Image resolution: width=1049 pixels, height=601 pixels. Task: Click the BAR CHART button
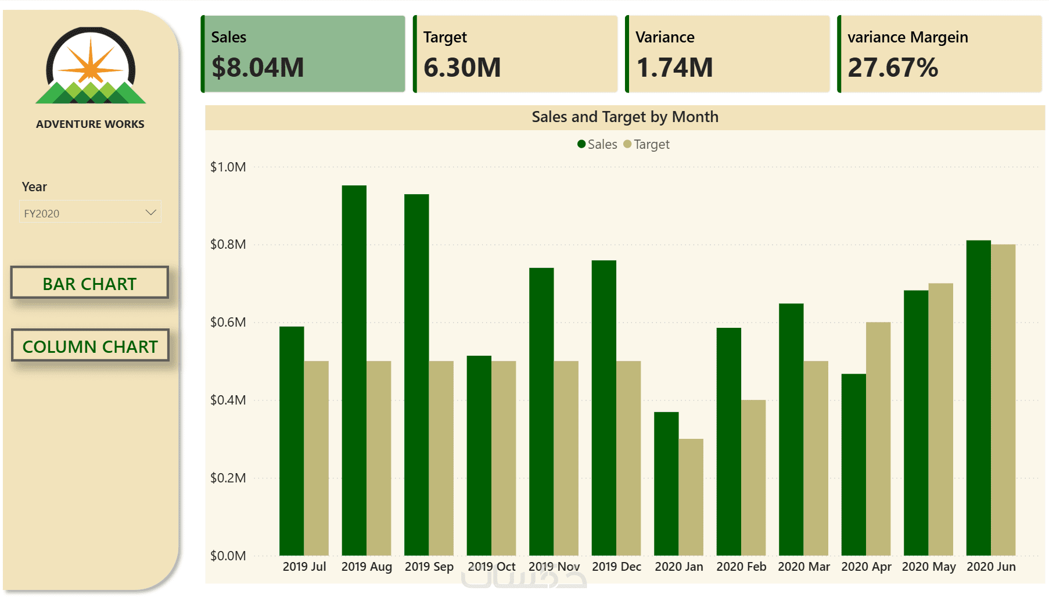coord(89,283)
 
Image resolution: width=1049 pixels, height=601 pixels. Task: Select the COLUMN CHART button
coord(90,346)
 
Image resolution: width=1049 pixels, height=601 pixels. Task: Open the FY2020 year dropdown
coord(90,213)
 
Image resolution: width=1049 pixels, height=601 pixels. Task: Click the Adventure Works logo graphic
coord(91,67)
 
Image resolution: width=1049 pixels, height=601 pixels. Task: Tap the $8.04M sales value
coord(257,67)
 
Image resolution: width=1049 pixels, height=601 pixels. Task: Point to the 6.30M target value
coord(462,67)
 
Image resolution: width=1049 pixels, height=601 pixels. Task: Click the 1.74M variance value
coord(674,67)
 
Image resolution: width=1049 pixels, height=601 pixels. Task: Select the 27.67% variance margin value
coord(893,67)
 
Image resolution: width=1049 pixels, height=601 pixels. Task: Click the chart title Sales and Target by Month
coord(624,117)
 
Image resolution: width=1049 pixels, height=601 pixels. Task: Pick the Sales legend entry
coord(598,144)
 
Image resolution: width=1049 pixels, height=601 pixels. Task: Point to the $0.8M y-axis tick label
coord(228,244)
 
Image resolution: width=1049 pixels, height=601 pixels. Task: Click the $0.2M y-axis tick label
coord(228,478)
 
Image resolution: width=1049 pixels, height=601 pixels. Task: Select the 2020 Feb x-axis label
coord(741,566)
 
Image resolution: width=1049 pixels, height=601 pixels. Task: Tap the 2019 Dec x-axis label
coord(616,566)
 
